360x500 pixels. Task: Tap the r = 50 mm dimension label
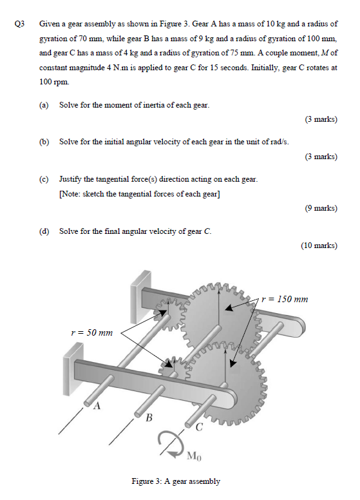click(91, 332)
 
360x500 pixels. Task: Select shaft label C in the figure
click(199, 427)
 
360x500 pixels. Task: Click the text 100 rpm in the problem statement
click(53, 83)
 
